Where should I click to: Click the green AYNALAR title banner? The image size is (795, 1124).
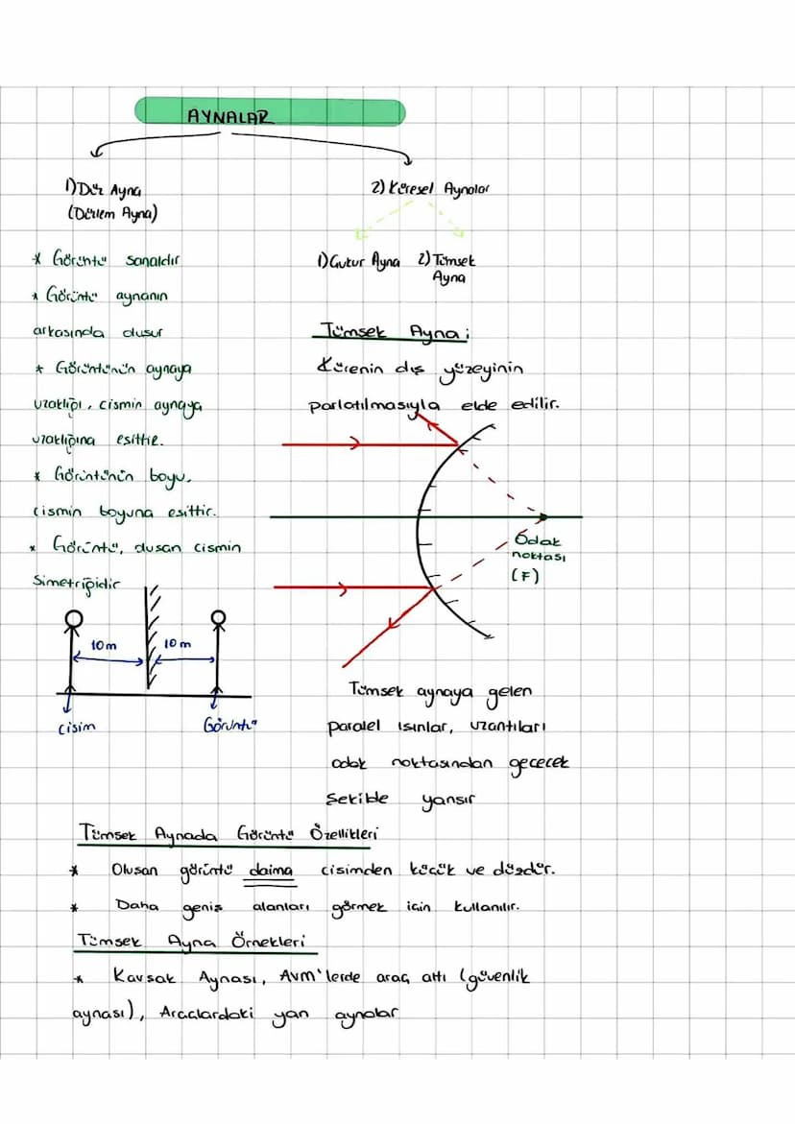click(269, 112)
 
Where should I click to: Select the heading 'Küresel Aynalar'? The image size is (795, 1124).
click(429, 189)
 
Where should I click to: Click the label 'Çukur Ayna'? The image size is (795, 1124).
click(357, 261)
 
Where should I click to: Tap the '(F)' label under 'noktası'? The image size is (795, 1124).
click(524, 576)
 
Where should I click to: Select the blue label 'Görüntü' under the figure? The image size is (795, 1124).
click(231, 727)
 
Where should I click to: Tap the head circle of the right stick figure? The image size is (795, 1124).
click(219, 616)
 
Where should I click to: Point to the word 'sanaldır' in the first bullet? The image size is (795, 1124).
click(154, 260)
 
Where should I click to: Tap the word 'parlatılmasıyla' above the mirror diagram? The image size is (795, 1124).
click(374, 405)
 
